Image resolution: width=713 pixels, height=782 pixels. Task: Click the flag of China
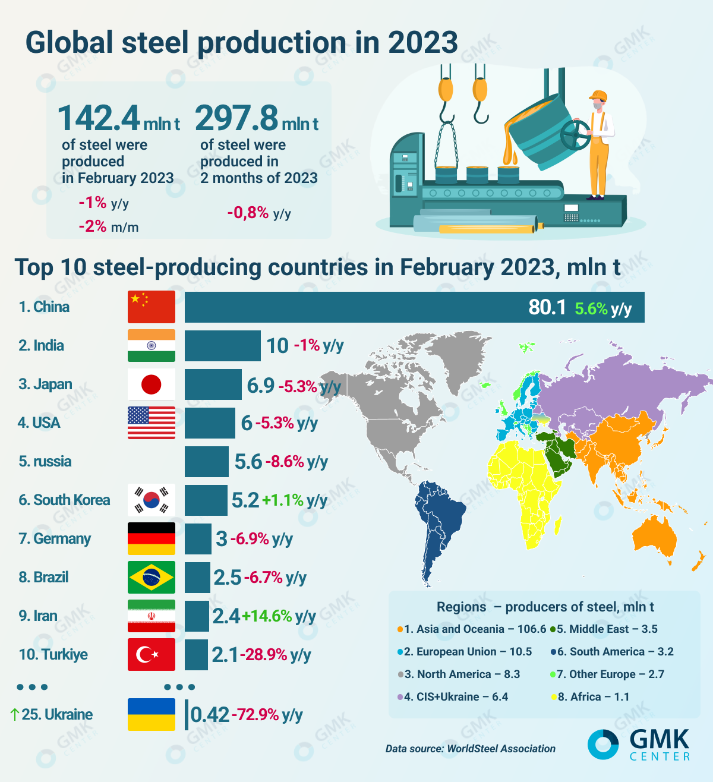tap(152, 307)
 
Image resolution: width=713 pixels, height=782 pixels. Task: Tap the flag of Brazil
tap(152, 577)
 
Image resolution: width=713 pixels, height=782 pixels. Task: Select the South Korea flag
tap(152, 500)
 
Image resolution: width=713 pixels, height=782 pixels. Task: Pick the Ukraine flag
tap(152, 714)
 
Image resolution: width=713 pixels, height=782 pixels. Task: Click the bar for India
tap(222, 345)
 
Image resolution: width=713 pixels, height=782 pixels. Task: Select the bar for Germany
tap(198, 538)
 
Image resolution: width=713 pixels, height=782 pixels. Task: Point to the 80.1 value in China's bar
tap(547, 307)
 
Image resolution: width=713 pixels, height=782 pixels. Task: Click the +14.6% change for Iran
tap(267, 616)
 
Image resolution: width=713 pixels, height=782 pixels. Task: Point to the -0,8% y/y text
tap(259, 213)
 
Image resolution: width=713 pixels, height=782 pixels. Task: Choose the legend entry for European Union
tap(467, 652)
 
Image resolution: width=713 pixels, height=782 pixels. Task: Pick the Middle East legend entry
tap(606, 629)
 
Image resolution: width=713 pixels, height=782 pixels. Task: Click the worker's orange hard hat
tap(597, 95)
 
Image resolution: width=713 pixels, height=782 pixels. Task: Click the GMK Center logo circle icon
tap(603, 744)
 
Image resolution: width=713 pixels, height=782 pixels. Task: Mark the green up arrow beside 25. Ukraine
tap(15, 714)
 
